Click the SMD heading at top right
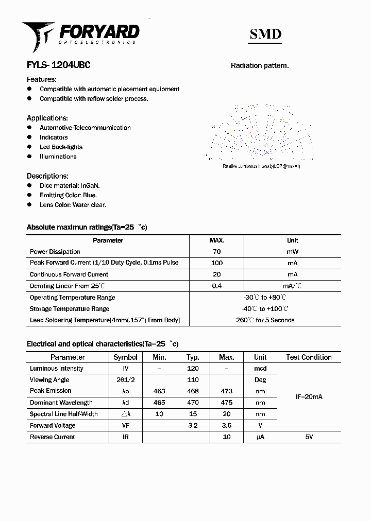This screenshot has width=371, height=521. pos(265,34)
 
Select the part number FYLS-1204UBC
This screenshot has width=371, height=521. pos(59,65)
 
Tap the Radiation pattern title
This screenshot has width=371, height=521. pos(259,66)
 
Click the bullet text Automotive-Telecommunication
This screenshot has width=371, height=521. pos(85,128)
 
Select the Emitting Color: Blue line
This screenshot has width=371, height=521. pos(68,195)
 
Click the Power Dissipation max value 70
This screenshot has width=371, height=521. pos(216,252)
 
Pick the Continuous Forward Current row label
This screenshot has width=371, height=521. pos(69,274)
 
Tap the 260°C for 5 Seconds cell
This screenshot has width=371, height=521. pos(265,320)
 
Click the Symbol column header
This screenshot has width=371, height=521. pos(125,357)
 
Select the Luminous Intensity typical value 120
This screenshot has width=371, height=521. pos(193,369)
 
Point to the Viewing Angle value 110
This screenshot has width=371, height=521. pos(193,380)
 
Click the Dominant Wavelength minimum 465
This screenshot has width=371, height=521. pos(159,403)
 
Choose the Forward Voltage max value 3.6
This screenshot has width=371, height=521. pos(226,426)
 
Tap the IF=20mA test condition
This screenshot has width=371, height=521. pos(309,397)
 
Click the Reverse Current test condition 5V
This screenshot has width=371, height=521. pos(309,437)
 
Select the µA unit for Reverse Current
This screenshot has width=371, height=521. pos(260,437)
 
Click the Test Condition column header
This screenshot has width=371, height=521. pos(309,357)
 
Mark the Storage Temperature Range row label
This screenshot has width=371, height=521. pos(70,309)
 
